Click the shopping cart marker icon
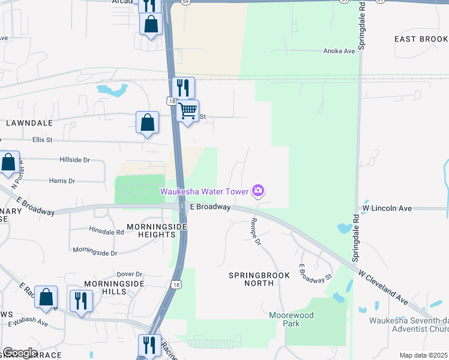coord(188,111)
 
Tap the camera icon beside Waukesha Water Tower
coord(258,191)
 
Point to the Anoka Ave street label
coord(340,51)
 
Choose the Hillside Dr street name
coord(74,160)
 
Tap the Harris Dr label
coord(62,181)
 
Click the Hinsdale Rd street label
coord(106,230)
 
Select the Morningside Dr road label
coord(95,252)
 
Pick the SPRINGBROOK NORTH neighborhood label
coord(259,280)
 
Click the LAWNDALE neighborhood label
coord(29,122)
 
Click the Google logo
coord(19,353)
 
